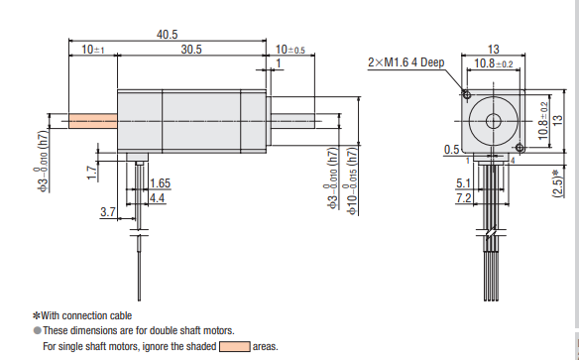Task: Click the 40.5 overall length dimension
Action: point(168,34)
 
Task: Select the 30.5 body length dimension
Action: point(192,49)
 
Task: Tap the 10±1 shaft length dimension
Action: point(92,49)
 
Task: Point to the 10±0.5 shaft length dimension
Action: point(289,49)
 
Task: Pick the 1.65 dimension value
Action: point(160,183)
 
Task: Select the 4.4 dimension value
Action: point(157,198)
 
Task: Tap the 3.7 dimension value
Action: point(108,212)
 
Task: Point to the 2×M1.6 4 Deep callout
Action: point(406,61)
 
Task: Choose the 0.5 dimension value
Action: point(451,150)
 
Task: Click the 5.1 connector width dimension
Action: point(463,183)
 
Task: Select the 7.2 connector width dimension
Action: point(463,199)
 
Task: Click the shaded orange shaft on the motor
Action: point(92,122)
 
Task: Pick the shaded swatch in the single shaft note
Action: point(234,346)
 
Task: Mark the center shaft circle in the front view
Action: point(493,122)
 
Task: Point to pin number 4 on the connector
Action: point(512,159)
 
